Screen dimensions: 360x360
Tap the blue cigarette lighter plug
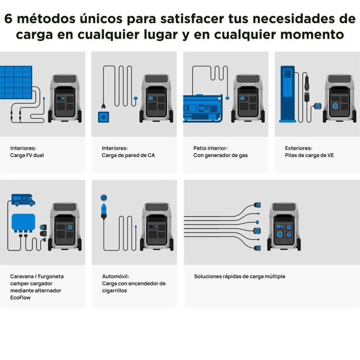(104, 210)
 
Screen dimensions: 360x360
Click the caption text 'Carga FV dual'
(28, 155)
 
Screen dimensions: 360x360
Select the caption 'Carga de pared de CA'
(129, 155)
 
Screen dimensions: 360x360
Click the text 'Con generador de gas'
(220, 155)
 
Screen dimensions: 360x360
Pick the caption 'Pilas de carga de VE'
(309, 155)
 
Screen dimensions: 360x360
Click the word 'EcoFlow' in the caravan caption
(21, 297)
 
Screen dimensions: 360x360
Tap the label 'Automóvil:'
(115, 276)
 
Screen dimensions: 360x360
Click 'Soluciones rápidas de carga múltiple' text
(239, 276)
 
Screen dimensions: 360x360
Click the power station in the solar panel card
(65, 98)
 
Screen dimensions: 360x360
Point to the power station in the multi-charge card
(284, 226)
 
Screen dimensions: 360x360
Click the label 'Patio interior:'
(210, 148)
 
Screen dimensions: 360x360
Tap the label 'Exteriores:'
(298, 148)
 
